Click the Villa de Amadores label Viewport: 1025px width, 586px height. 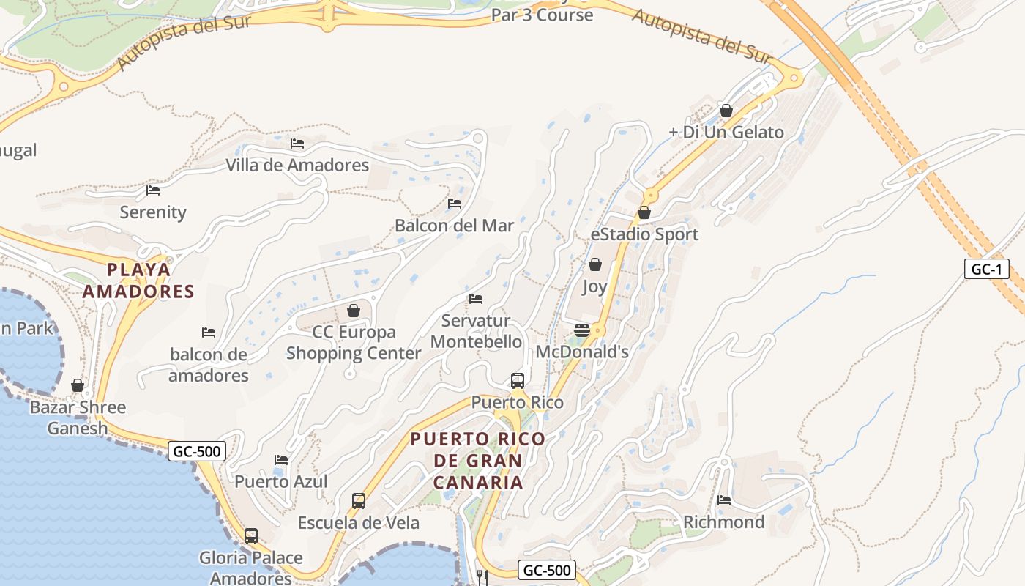297,165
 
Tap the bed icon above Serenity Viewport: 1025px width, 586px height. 153,190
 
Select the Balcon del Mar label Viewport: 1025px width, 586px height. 454,225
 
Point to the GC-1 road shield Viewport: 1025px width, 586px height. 986,269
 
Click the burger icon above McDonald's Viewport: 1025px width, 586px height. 582,330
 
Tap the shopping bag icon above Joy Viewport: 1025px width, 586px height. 595,264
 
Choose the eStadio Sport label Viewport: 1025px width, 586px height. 644,234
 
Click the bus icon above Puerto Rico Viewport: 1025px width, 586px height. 518,381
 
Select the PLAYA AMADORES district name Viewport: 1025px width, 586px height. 138,281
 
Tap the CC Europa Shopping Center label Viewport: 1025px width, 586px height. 354,342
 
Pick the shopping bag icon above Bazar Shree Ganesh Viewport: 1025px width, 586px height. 78,385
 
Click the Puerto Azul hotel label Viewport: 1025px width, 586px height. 281,481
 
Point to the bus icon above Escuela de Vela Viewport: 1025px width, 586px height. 359,501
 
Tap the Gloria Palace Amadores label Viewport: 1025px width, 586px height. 251,568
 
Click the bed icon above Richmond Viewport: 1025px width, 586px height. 724,500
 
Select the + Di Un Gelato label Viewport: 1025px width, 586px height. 726,133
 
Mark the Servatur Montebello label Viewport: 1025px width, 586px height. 476,331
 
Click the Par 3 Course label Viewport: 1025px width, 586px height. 542,14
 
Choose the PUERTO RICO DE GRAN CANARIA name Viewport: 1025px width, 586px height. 477,461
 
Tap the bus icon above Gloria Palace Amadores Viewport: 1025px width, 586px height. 251,536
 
